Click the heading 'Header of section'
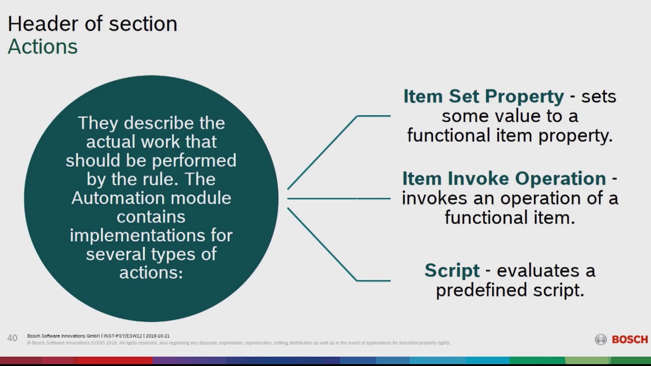coord(92,24)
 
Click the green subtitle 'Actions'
coord(43,47)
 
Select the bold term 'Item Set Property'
coord(483,96)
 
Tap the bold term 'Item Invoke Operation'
coord(504,178)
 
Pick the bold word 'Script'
coord(452,270)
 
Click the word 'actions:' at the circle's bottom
coord(151,272)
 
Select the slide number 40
coord(12,338)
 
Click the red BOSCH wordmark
coord(630,340)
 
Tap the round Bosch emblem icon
coord(601,340)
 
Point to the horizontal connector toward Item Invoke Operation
coord(339,198)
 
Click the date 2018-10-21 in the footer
coord(158,336)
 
